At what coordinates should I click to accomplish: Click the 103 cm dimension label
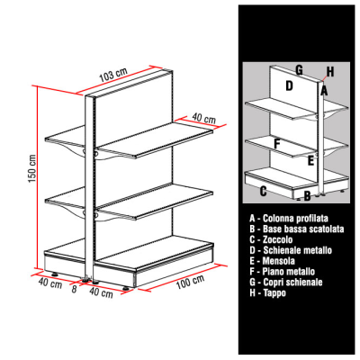[x=113, y=75]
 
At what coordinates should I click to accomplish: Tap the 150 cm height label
[x=31, y=169]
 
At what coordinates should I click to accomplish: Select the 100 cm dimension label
[x=190, y=282]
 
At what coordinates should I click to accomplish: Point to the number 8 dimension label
[x=75, y=289]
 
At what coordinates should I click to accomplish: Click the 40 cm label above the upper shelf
[x=203, y=118]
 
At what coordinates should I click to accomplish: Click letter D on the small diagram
[x=289, y=85]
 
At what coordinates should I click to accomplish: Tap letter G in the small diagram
[x=299, y=70]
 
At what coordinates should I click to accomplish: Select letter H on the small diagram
[x=329, y=72]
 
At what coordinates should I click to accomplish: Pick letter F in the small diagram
[x=277, y=144]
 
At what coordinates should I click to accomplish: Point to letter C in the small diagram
[x=263, y=191]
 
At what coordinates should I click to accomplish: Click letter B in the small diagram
[x=307, y=196]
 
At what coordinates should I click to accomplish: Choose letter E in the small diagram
[x=310, y=161]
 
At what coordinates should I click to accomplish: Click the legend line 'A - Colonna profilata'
[x=289, y=218]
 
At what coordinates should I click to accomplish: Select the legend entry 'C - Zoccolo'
[x=271, y=239]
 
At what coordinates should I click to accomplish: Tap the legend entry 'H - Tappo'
[x=267, y=292]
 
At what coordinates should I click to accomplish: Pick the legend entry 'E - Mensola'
[x=272, y=261]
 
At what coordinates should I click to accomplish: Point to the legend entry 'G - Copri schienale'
[x=286, y=282]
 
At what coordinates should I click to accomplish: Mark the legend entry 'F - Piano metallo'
[x=282, y=272]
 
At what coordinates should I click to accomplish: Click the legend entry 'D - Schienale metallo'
[x=291, y=250]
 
